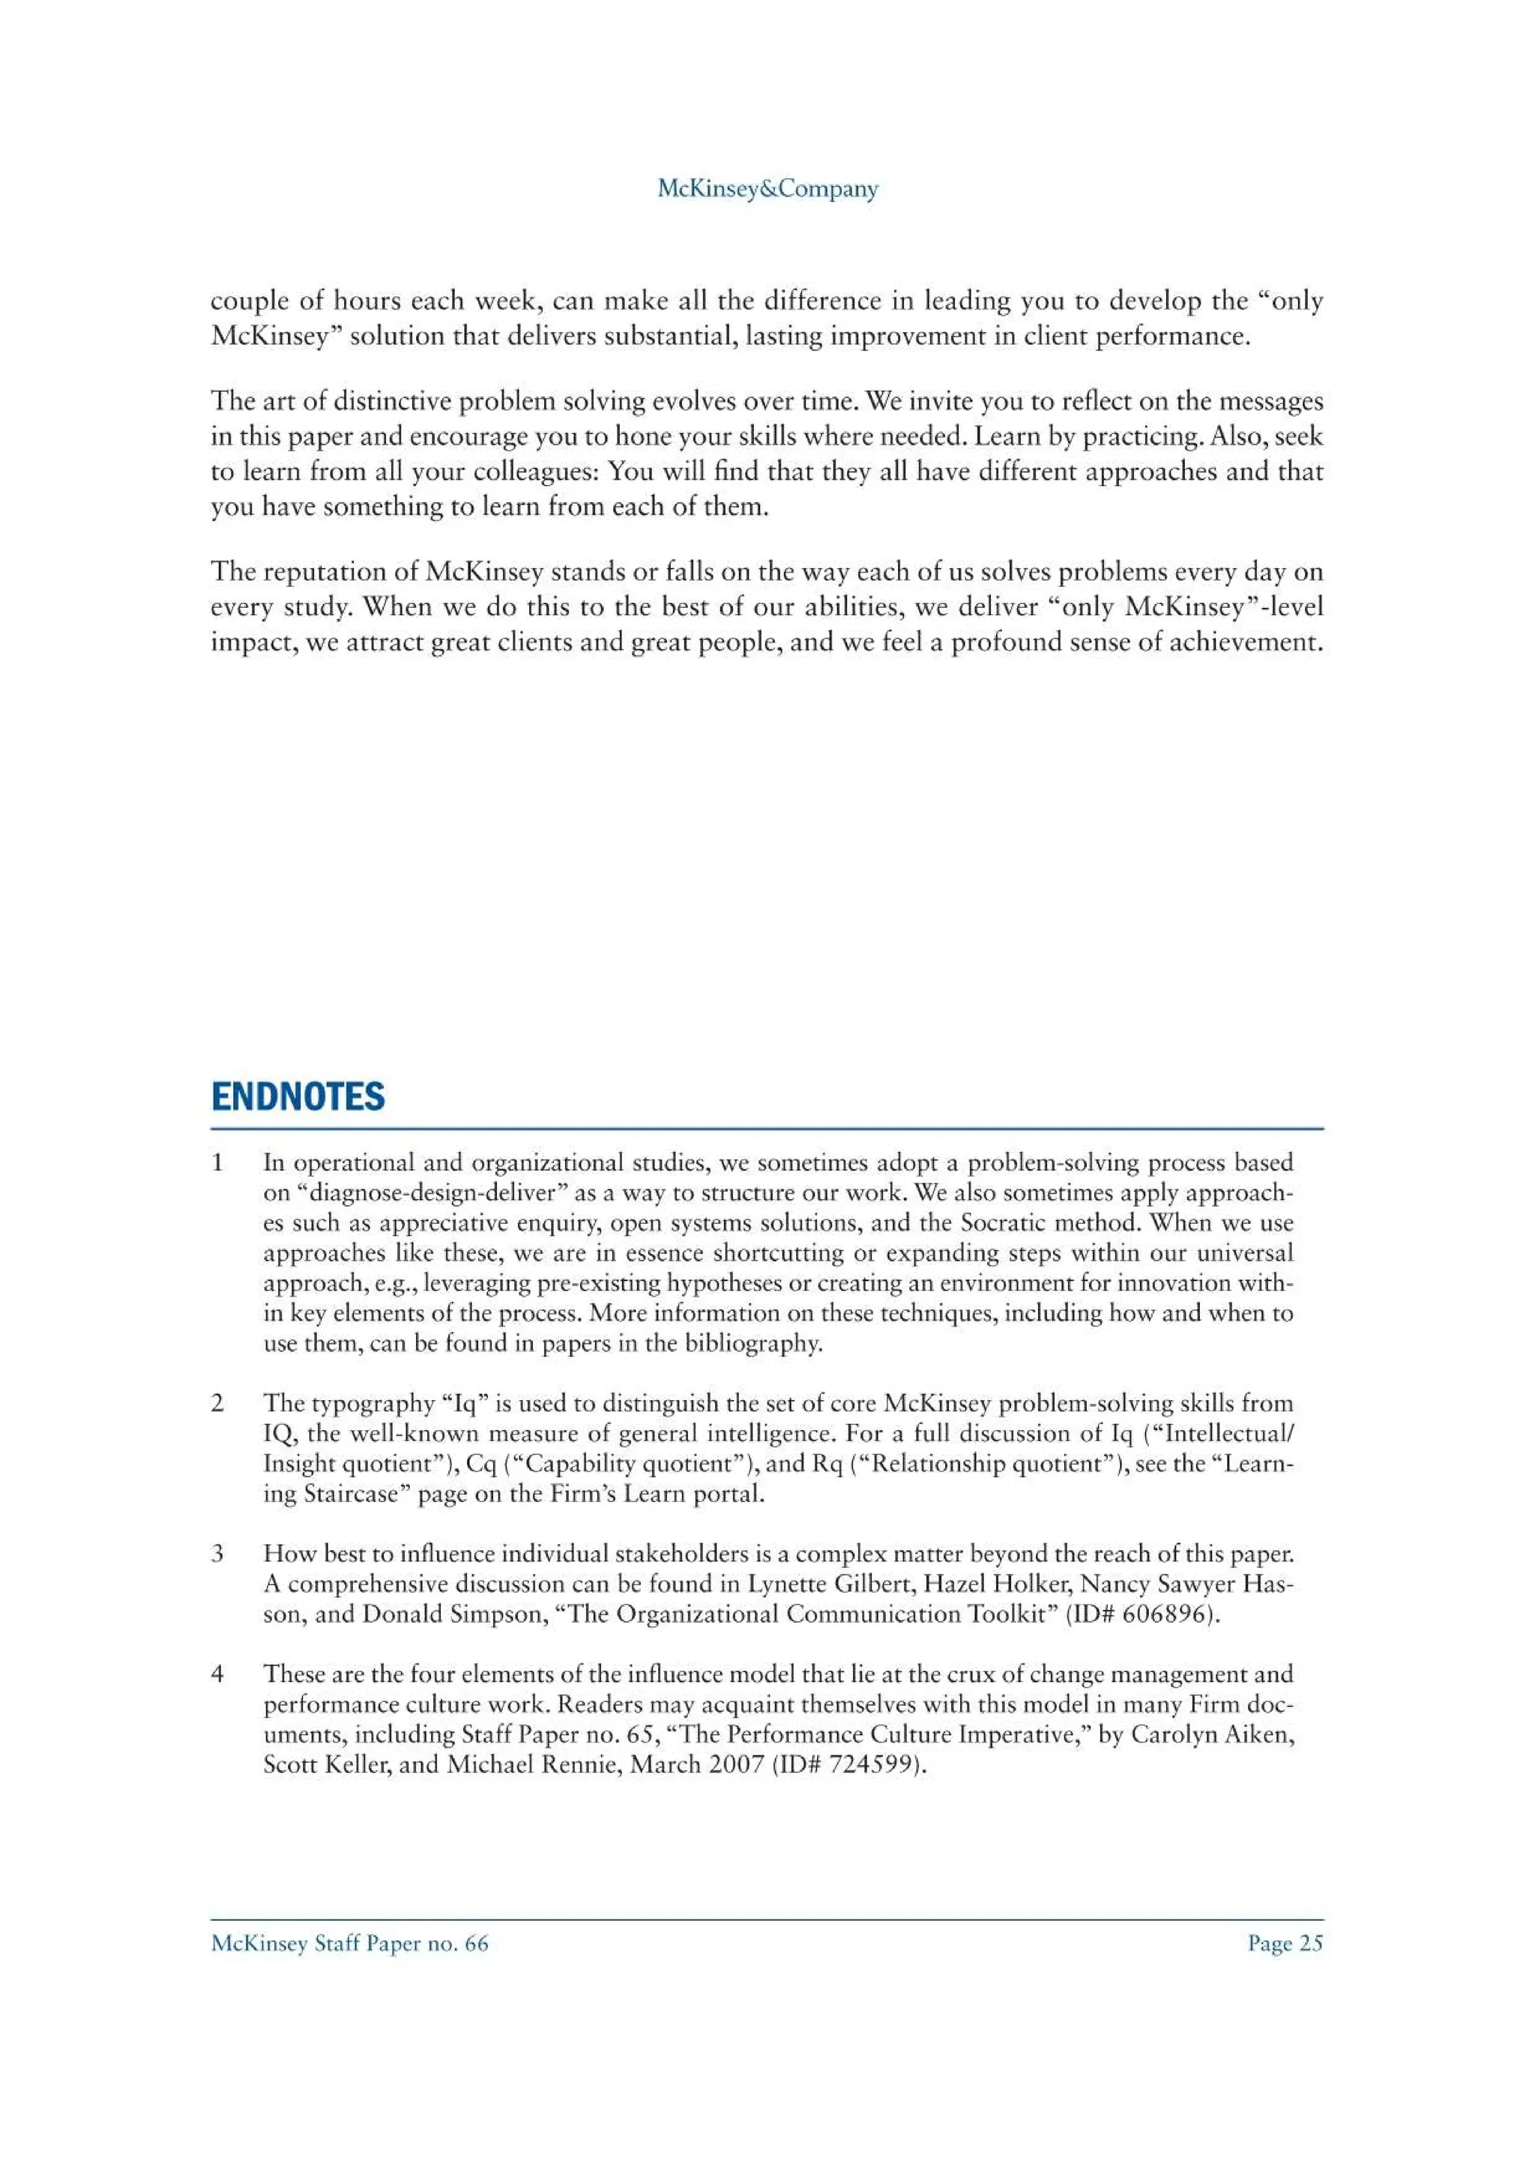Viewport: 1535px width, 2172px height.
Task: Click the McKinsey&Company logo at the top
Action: [x=767, y=189]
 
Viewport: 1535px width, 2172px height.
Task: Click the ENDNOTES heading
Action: [x=298, y=1096]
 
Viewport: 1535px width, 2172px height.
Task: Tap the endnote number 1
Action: [x=217, y=1162]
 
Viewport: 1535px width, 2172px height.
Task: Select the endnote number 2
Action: [x=217, y=1403]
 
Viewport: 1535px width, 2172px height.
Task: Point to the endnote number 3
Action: [x=217, y=1554]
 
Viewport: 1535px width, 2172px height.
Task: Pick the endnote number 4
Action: [x=217, y=1674]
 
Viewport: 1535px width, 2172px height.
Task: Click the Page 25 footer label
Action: [x=1285, y=1944]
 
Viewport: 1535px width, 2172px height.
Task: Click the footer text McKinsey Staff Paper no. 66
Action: [x=350, y=1944]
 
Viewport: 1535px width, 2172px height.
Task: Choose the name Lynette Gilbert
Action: [x=831, y=1584]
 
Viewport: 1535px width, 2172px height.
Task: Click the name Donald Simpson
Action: [x=454, y=1614]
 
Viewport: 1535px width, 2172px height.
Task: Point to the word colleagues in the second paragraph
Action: [x=530, y=471]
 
